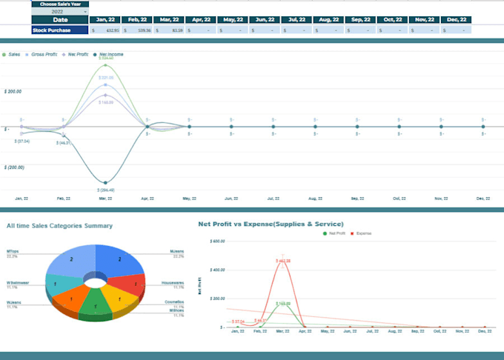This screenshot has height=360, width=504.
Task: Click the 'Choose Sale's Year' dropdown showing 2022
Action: (59, 12)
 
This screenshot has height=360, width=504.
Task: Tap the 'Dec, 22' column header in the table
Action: (459, 20)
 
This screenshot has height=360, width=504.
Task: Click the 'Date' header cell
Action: (59, 20)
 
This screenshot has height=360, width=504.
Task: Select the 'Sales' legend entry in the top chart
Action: (13, 55)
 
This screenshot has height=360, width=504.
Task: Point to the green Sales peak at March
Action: (106, 64)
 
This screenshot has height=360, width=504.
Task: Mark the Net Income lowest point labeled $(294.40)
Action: (106, 182)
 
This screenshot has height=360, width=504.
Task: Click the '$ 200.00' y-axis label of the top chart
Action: (13, 91)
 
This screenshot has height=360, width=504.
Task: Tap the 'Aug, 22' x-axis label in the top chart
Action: (315, 199)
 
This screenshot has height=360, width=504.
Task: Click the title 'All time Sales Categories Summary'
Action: (59, 225)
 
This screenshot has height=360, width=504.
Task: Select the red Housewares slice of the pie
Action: (133, 284)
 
